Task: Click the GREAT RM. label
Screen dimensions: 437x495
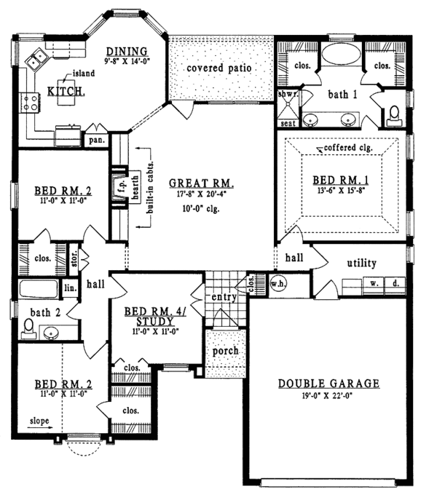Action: click(201, 183)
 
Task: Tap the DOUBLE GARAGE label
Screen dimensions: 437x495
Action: click(328, 384)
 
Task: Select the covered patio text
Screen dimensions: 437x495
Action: click(219, 68)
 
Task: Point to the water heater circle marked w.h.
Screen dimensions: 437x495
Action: click(278, 284)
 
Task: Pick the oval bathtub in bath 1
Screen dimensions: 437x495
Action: click(341, 54)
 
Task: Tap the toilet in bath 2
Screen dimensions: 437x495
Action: click(28, 328)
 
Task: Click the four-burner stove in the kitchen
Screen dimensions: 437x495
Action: click(29, 103)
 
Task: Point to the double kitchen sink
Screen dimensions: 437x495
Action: click(36, 59)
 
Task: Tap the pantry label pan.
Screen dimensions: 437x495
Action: click(97, 140)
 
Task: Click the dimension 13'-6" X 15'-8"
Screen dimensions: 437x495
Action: click(341, 191)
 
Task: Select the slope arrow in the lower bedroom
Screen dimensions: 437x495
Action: click(40, 428)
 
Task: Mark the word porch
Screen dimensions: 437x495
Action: click(225, 351)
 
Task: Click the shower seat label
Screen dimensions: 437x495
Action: click(288, 123)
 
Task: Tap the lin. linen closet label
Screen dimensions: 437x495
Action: click(71, 288)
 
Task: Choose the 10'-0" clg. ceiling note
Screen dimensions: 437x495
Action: click(201, 208)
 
